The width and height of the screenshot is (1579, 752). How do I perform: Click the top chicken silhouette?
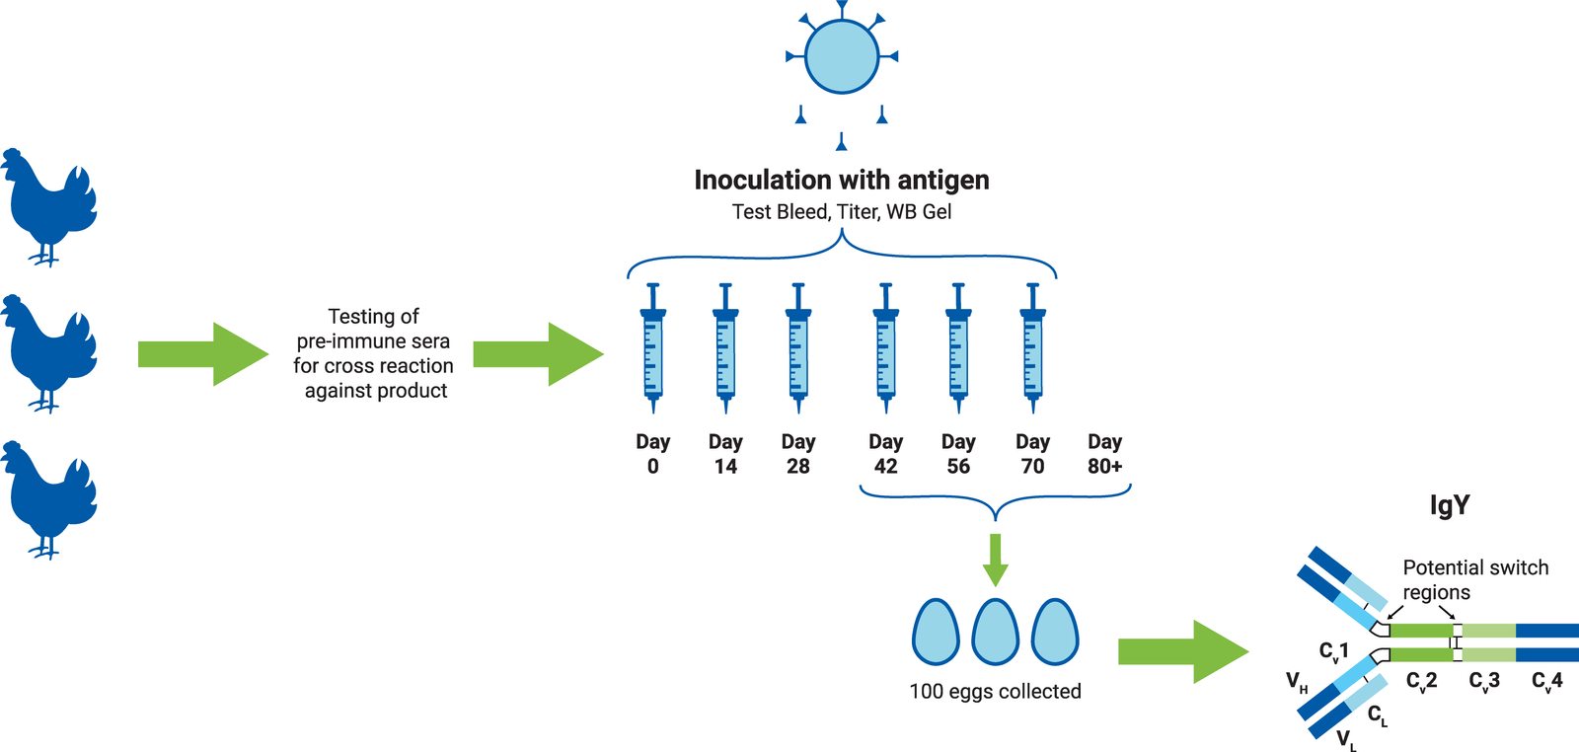49,207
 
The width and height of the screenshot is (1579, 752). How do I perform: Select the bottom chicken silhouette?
49,499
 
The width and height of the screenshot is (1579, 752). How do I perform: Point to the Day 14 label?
725,454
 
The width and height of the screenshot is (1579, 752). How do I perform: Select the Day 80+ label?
1104,454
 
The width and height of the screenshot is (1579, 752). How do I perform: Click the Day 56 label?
958,454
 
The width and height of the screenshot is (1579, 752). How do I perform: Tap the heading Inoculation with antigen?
841,180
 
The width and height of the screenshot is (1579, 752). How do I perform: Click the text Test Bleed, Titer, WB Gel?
841,211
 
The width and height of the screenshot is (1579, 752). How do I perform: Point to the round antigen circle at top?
841,56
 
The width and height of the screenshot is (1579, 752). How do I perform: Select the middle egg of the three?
995,632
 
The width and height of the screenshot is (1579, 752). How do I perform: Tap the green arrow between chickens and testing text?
202,353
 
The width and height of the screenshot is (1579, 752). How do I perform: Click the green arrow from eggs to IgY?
1182,651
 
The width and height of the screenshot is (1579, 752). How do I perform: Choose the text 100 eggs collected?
995,691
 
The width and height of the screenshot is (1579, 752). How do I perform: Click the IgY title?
1449,505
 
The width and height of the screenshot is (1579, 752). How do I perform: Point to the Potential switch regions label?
1474,579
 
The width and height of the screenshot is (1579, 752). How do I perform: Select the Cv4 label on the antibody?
1546,681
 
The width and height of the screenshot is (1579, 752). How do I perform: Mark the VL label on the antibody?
1346,739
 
